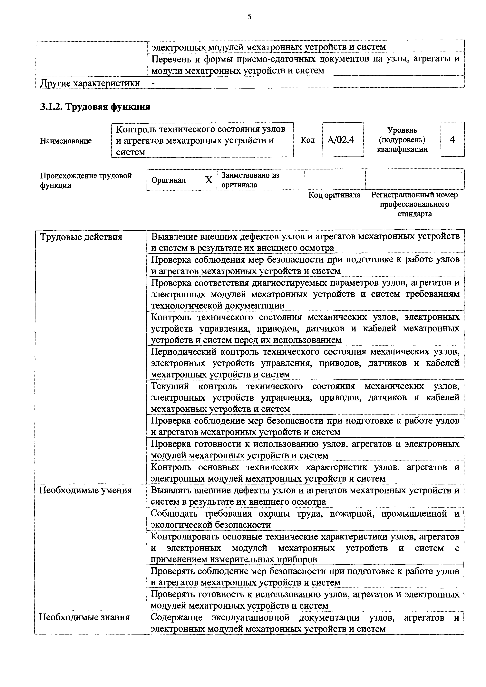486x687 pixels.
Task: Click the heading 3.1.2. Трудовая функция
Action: coord(95,107)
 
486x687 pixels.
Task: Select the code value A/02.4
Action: coord(341,140)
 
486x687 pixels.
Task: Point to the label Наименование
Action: coord(66,141)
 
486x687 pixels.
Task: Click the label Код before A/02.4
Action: coord(308,140)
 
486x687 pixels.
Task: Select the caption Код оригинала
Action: coord(335,195)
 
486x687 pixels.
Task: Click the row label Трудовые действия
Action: coord(81,237)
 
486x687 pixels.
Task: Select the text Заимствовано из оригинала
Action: coord(250,180)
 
